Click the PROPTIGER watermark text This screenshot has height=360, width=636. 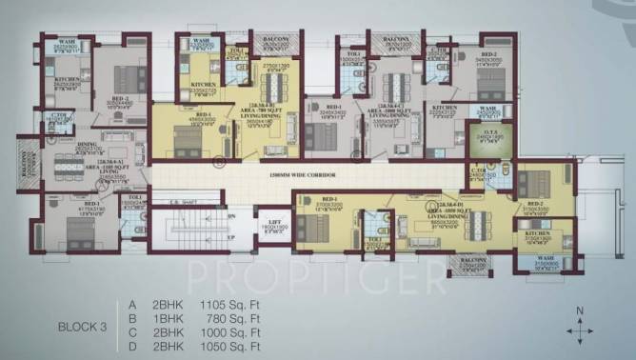(314, 276)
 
